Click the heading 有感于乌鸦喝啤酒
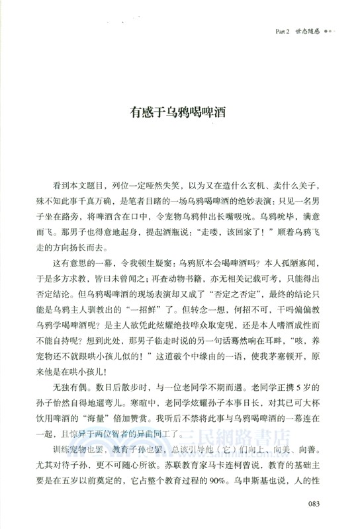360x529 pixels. point(179,112)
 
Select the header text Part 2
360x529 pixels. point(285,32)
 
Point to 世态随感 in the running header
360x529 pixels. point(310,32)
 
